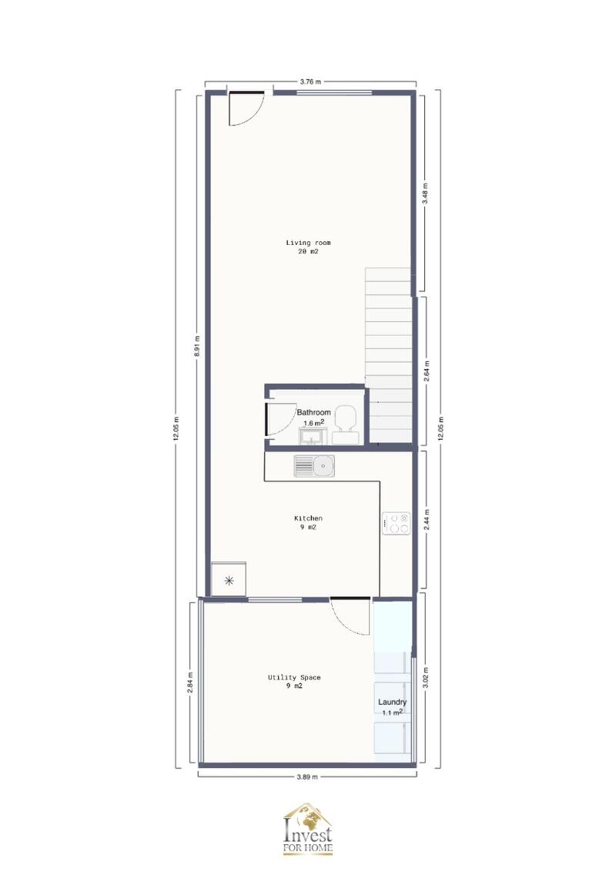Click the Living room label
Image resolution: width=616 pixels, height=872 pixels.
308,243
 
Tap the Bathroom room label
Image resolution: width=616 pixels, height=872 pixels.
314,413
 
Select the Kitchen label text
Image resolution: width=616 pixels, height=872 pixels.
308,518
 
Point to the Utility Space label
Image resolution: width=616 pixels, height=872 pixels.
294,678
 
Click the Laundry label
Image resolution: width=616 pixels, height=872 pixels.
392,703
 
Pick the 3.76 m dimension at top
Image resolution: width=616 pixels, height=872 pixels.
310,80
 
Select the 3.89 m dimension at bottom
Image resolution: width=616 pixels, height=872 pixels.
307,776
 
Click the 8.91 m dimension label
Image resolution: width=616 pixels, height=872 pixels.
198,346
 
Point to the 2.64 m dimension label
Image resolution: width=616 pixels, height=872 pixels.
425,373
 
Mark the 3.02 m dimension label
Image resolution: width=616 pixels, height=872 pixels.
425,680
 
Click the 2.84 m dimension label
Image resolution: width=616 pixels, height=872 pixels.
190,683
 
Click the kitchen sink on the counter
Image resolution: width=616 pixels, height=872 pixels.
313,465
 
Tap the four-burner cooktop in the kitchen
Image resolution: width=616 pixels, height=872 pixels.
397,524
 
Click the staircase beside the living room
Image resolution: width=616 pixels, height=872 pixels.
390,354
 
